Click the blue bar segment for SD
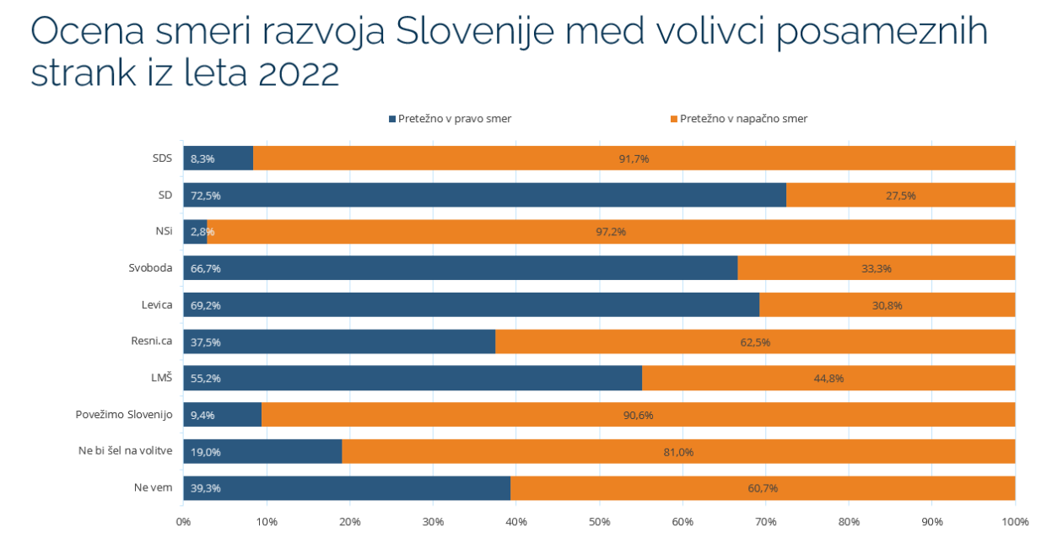pos(484,195)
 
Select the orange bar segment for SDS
pos(633,158)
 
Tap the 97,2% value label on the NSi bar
pos(610,232)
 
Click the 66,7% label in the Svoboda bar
pos(206,269)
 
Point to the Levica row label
pos(157,305)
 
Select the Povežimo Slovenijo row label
pos(124,415)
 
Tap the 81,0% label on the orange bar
pos(678,452)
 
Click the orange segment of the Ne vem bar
pos(762,488)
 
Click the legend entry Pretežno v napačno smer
pos(743,119)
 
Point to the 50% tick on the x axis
pos(599,522)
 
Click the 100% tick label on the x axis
pos(1015,522)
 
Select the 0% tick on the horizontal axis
pos(183,522)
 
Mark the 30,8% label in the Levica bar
pos(888,305)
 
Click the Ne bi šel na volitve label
pos(125,451)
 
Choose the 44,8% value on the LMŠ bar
pos(828,379)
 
